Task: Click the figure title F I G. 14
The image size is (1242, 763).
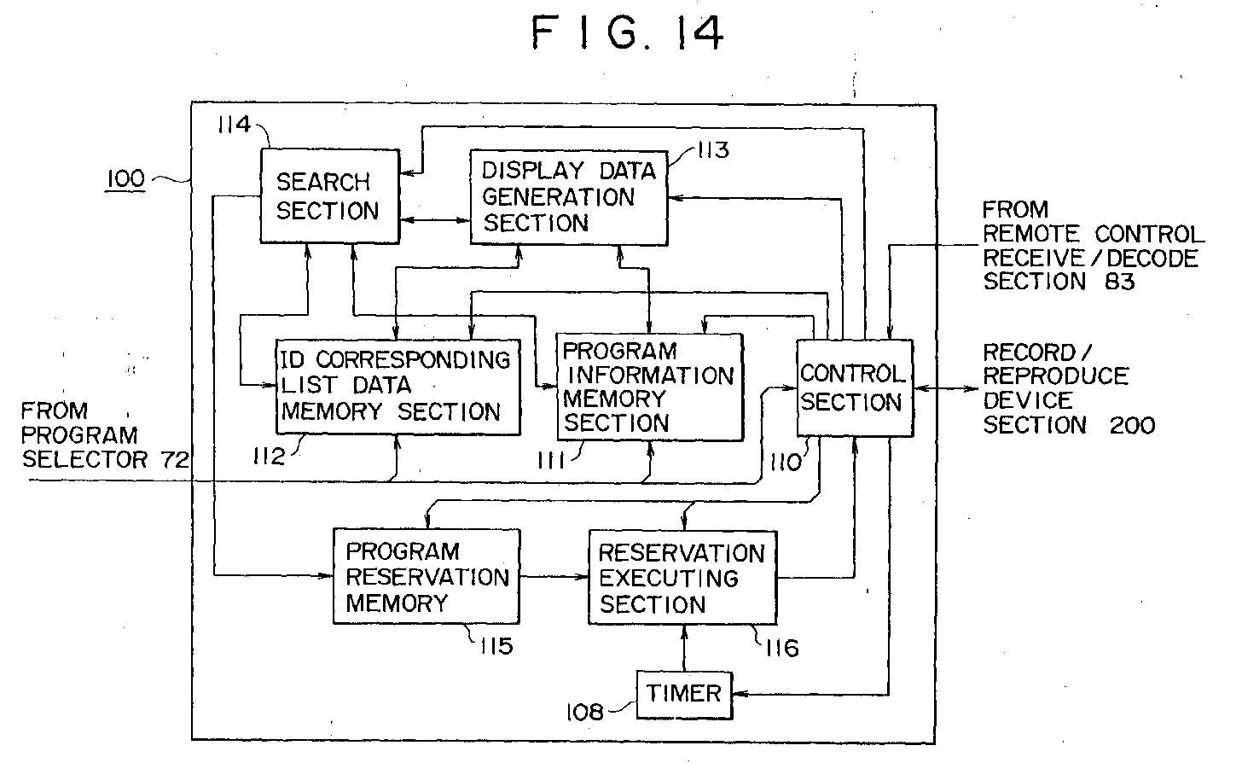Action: click(x=627, y=33)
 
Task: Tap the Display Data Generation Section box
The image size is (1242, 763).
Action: click(x=568, y=197)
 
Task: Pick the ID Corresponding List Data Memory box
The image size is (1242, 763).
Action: click(x=398, y=386)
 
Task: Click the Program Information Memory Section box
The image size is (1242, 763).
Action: click(x=649, y=387)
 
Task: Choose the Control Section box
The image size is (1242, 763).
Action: click(x=853, y=387)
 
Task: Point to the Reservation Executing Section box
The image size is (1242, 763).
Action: click(x=682, y=579)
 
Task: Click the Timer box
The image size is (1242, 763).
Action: click(x=684, y=693)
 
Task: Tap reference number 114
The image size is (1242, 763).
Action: click(x=233, y=125)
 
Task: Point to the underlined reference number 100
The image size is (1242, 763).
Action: click(x=125, y=179)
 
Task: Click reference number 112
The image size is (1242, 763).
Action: click(x=269, y=457)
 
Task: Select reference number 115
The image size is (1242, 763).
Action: click(x=495, y=646)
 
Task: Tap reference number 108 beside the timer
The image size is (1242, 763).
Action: click(x=585, y=711)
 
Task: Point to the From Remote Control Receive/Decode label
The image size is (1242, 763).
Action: click(x=1093, y=246)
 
